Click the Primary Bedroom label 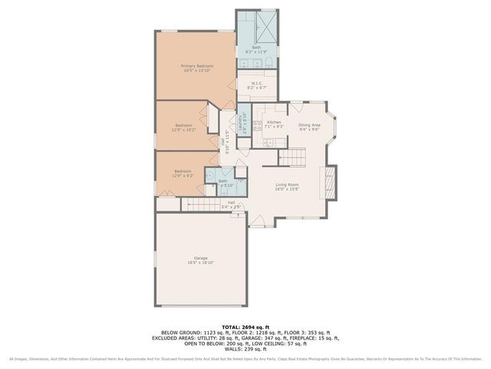coord(197,66)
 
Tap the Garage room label coord(200,258)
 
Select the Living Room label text coord(288,184)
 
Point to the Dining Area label coord(309,125)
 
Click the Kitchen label coord(274,122)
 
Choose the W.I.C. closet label coord(251,84)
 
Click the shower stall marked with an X coord(266,21)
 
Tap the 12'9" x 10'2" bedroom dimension coord(183,130)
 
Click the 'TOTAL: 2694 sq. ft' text coord(245,327)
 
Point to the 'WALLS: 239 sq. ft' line coord(245,348)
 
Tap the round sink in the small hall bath coord(208,175)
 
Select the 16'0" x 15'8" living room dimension coord(288,189)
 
